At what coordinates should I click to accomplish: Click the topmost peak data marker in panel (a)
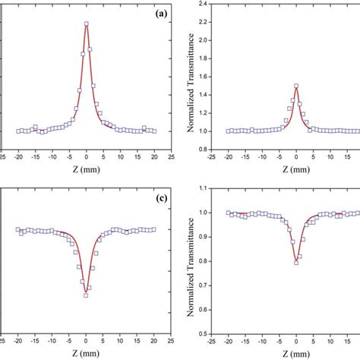[x=87, y=24]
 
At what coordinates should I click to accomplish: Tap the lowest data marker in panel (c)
[x=86, y=295]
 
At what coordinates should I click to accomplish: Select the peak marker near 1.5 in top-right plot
[x=296, y=86]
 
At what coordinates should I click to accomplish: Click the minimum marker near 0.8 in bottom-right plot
[x=296, y=264]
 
